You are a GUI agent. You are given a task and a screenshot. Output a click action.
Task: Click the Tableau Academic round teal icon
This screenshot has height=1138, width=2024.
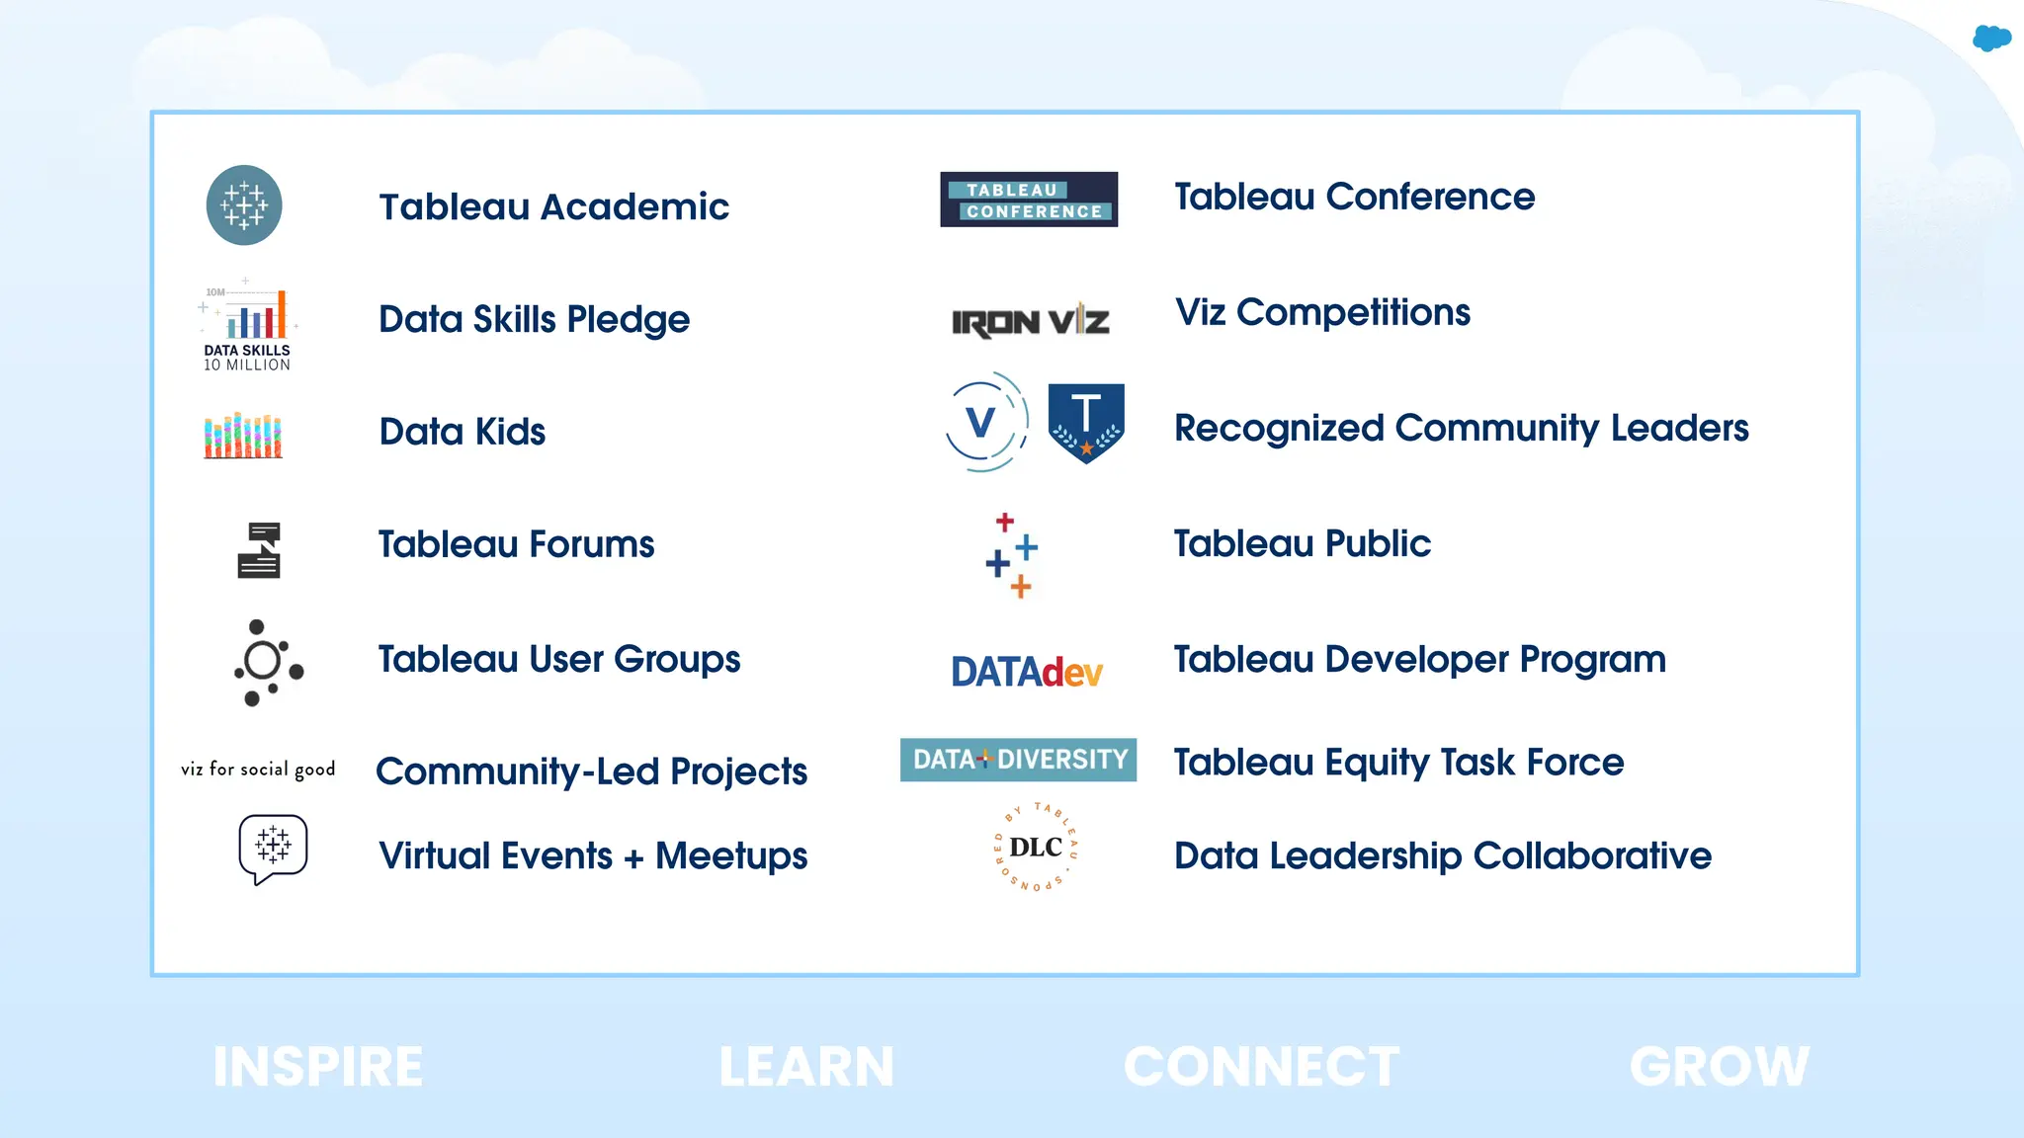click(x=244, y=205)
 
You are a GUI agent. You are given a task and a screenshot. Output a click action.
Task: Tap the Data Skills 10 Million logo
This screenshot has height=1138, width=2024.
click(x=247, y=327)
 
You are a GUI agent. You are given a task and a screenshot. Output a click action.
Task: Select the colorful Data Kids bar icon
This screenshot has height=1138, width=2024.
click(x=243, y=436)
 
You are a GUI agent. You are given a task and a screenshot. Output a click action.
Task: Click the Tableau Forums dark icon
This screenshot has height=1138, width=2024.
click(x=259, y=549)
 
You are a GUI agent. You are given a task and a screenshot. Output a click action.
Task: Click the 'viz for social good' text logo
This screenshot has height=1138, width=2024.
click(x=258, y=770)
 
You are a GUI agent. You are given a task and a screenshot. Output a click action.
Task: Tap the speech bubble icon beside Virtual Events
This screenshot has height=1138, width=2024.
click(x=273, y=849)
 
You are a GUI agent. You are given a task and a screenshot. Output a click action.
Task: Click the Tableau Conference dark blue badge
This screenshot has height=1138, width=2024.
click(x=1029, y=200)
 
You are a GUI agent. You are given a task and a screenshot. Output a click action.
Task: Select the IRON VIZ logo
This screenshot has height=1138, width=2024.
click(x=1030, y=322)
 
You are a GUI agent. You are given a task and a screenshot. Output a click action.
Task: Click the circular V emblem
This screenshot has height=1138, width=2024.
click(x=984, y=422)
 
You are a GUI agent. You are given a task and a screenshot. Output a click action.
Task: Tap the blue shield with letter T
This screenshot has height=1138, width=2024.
click(x=1085, y=422)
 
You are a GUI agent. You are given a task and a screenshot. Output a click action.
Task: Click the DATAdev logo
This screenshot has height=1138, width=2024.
click(x=1027, y=673)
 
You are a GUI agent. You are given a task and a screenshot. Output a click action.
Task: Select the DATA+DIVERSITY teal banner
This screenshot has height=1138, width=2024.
click(x=1018, y=760)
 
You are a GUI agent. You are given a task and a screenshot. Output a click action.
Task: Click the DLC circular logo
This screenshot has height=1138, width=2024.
click(x=1036, y=847)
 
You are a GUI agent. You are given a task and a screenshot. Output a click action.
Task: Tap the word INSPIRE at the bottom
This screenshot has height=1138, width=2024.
click(x=318, y=1068)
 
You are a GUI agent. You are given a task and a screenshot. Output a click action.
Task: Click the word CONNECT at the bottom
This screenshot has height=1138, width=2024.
click(x=1261, y=1068)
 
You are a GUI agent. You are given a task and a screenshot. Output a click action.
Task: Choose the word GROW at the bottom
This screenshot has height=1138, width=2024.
click(x=1720, y=1068)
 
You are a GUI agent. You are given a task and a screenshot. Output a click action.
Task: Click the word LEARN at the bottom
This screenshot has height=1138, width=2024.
click(x=806, y=1068)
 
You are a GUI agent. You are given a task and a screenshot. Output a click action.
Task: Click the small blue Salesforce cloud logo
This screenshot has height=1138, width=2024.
click(x=1991, y=39)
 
